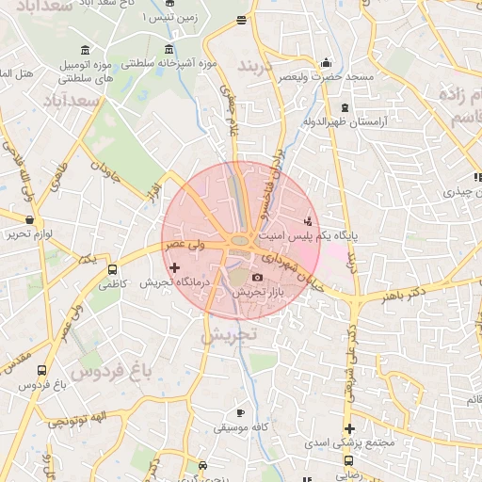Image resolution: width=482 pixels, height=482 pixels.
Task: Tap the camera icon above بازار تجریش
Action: point(258,277)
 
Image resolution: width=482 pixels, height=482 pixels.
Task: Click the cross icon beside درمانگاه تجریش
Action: point(174,268)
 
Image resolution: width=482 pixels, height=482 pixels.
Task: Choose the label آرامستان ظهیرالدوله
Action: point(340,122)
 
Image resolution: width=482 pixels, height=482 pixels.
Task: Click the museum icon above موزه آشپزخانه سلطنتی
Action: point(169,49)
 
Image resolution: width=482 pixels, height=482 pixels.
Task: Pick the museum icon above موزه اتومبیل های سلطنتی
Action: point(86,49)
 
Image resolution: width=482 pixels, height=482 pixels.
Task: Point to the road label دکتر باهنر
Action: point(405,297)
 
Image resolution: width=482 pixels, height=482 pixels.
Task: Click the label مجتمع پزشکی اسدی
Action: point(349,442)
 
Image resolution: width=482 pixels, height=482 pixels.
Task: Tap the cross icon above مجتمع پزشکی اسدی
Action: point(348,428)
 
